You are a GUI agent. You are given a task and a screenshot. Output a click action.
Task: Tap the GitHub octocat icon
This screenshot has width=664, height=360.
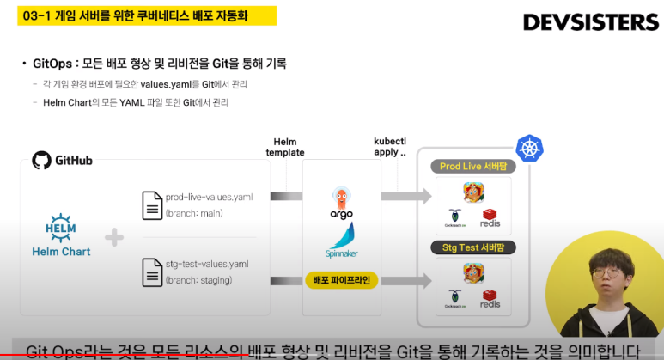point(40,161)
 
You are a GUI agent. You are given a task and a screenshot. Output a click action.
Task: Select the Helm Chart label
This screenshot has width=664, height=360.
point(61,252)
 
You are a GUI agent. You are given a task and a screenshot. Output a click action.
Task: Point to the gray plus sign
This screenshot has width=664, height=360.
point(114,237)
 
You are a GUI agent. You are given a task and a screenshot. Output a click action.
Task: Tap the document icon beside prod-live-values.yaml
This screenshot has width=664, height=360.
point(152,204)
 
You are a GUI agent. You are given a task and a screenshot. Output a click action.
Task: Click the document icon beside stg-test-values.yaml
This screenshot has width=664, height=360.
point(152,271)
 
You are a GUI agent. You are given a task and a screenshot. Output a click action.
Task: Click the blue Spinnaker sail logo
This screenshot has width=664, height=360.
point(342,235)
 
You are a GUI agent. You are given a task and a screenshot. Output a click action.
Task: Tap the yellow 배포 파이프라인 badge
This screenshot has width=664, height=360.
point(342,280)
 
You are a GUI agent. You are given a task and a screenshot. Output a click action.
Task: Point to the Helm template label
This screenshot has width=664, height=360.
point(284,147)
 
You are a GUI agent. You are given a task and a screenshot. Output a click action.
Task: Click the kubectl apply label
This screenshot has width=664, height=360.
point(390,145)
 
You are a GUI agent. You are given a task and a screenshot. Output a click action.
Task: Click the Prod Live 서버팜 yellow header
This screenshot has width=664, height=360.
point(473,165)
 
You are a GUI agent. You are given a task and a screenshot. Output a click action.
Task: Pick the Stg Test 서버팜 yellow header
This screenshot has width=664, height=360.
point(473,248)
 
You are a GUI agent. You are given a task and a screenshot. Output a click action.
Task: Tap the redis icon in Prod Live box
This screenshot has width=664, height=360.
point(490,219)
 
